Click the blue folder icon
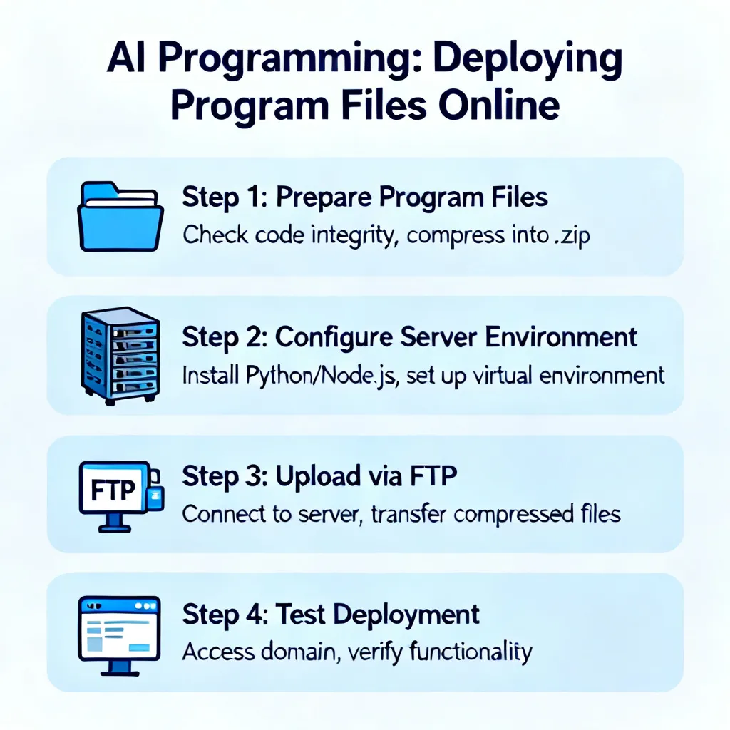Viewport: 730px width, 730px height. click(120, 217)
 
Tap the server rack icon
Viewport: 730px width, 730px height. click(120, 356)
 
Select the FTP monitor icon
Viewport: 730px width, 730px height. click(121, 496)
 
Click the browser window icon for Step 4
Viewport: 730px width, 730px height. click(119, 635)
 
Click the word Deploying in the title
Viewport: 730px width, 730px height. click(528, 60)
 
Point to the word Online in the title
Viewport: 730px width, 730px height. click(498, 106)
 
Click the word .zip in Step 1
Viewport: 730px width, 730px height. click(572, 235)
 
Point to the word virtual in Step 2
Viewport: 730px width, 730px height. click(503, 375)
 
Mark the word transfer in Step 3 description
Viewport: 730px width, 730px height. click(408, 514)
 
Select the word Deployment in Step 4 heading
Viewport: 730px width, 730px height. click(406, 615)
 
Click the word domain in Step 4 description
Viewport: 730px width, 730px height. click(298, 652)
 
